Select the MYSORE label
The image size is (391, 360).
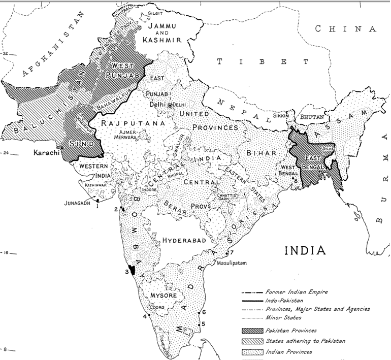pos(164,295)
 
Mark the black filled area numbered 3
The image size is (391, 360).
pos(133,270)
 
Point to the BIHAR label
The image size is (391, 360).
pos(263,152)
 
